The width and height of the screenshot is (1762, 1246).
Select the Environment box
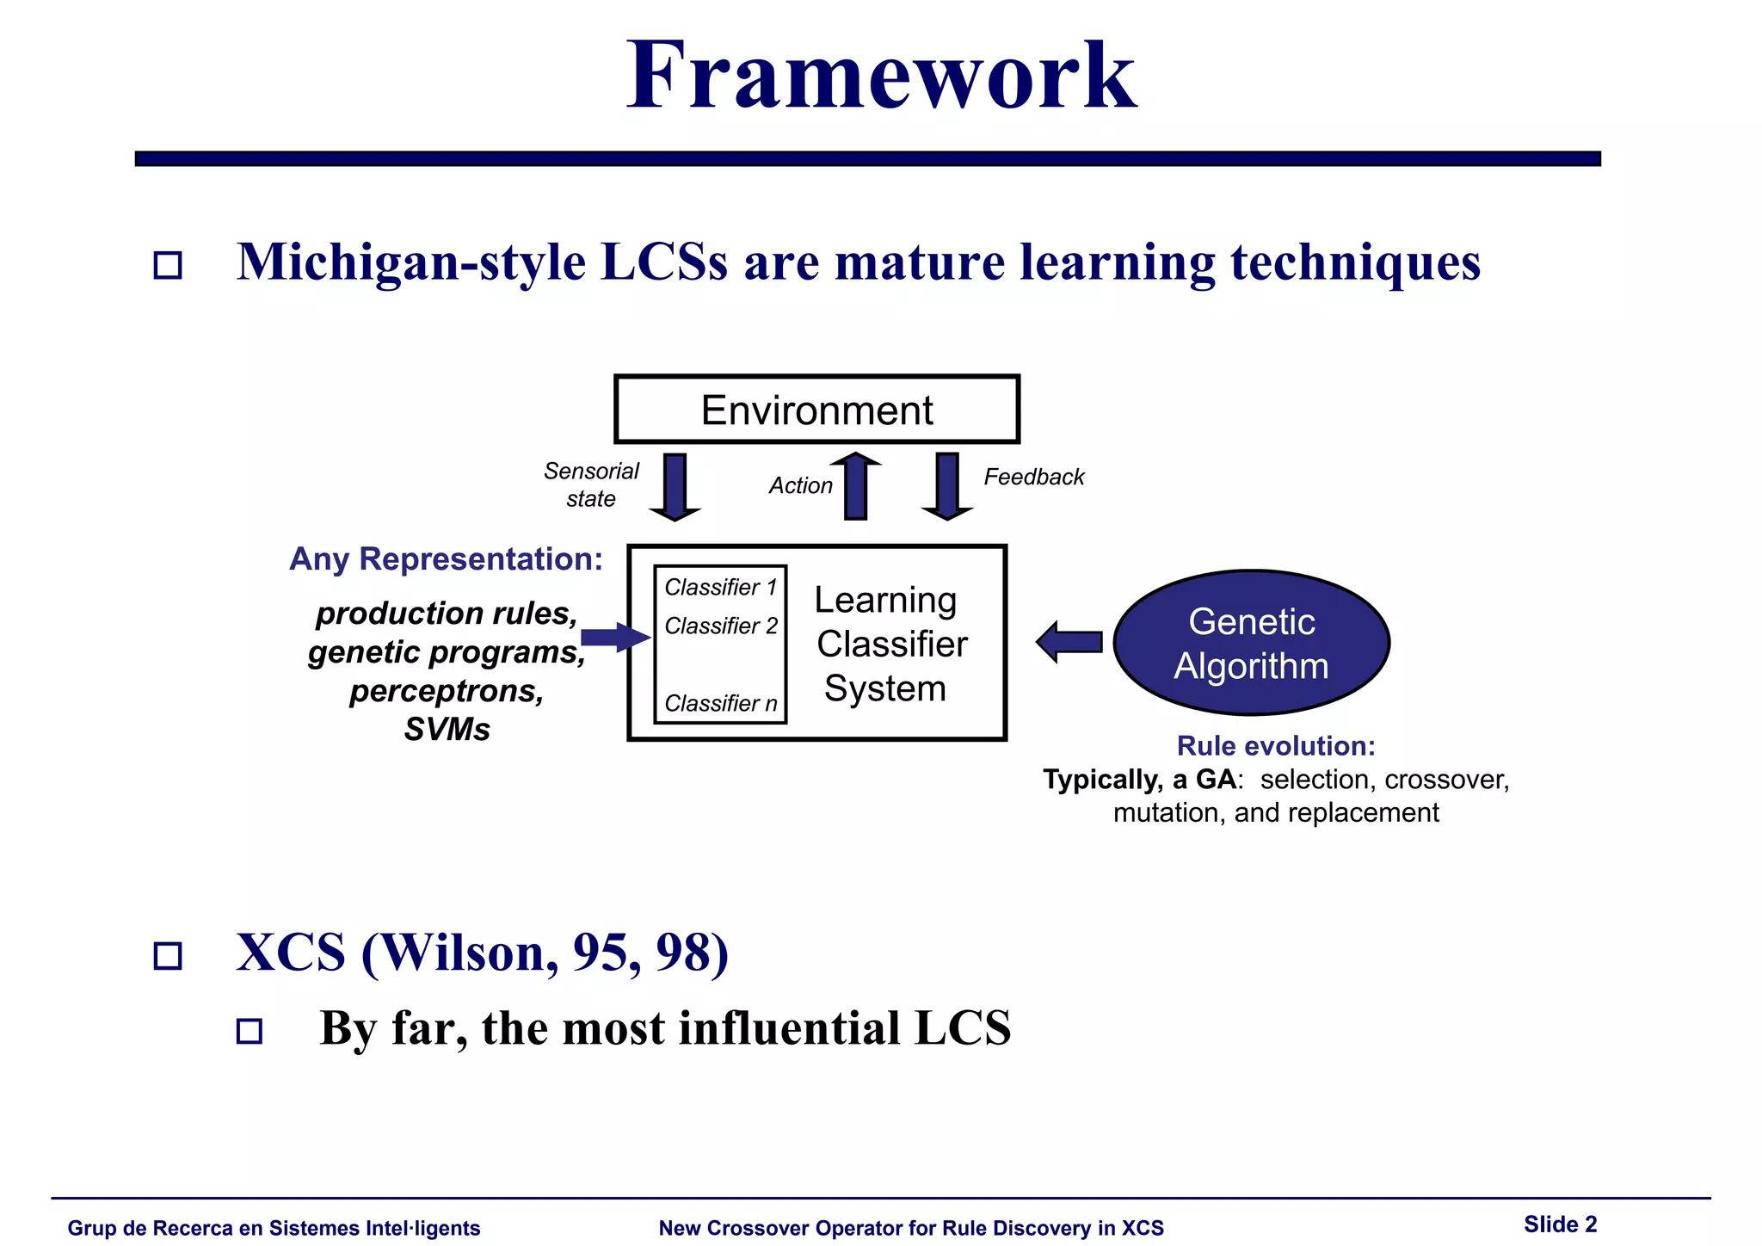pos(816,410)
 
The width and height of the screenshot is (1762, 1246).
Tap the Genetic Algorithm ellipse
pos(1251,643)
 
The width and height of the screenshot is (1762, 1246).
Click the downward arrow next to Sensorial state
pos(675,487)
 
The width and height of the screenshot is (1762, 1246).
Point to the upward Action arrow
pos(855,486)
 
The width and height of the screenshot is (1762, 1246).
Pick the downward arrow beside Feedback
pos(947,486)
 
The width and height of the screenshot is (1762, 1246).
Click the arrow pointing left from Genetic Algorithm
pos(1069,642)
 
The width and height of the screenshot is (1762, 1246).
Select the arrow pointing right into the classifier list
pos(614,638)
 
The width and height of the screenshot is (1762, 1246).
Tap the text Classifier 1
pos(720,587)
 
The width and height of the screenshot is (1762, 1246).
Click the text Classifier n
pos(720,703)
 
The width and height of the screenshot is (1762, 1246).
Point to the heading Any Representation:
pos(446,559)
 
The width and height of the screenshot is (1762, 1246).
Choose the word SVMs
pos(447,730)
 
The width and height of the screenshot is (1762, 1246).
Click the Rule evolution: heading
pos(1276,745)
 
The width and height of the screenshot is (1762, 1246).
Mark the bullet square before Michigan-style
pos(168,265)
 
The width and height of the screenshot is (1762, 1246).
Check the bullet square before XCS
pos(168,956)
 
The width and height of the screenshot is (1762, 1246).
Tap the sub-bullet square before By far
pos(250,1031)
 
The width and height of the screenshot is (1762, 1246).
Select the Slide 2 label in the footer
pos(1560,1224)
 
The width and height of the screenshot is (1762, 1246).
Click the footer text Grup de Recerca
pos(274,1228)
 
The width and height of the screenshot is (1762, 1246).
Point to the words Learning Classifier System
pos(890,644)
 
